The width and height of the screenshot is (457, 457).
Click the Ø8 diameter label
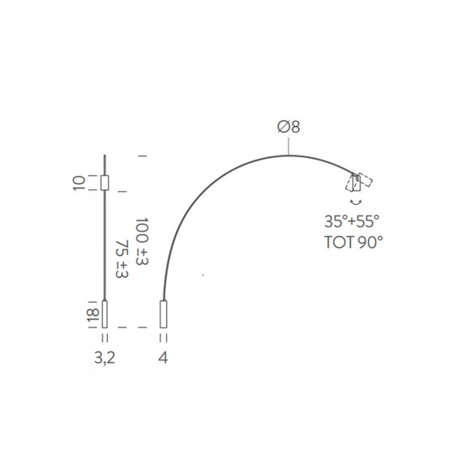pos(288,126)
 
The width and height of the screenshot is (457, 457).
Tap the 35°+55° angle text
pos(352,221)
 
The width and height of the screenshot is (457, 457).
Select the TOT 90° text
pos(353,242)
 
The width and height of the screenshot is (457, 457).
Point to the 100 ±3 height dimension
pos(142,241)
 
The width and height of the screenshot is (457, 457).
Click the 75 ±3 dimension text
pos(122,259)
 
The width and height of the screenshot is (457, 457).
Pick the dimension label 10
pos(79,183)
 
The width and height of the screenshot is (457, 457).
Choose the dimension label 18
pos(93,315)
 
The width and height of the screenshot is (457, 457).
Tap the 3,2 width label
pos(105,357)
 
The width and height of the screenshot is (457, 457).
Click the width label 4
pos(163,357)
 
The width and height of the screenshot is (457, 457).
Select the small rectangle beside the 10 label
pos(105,183)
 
